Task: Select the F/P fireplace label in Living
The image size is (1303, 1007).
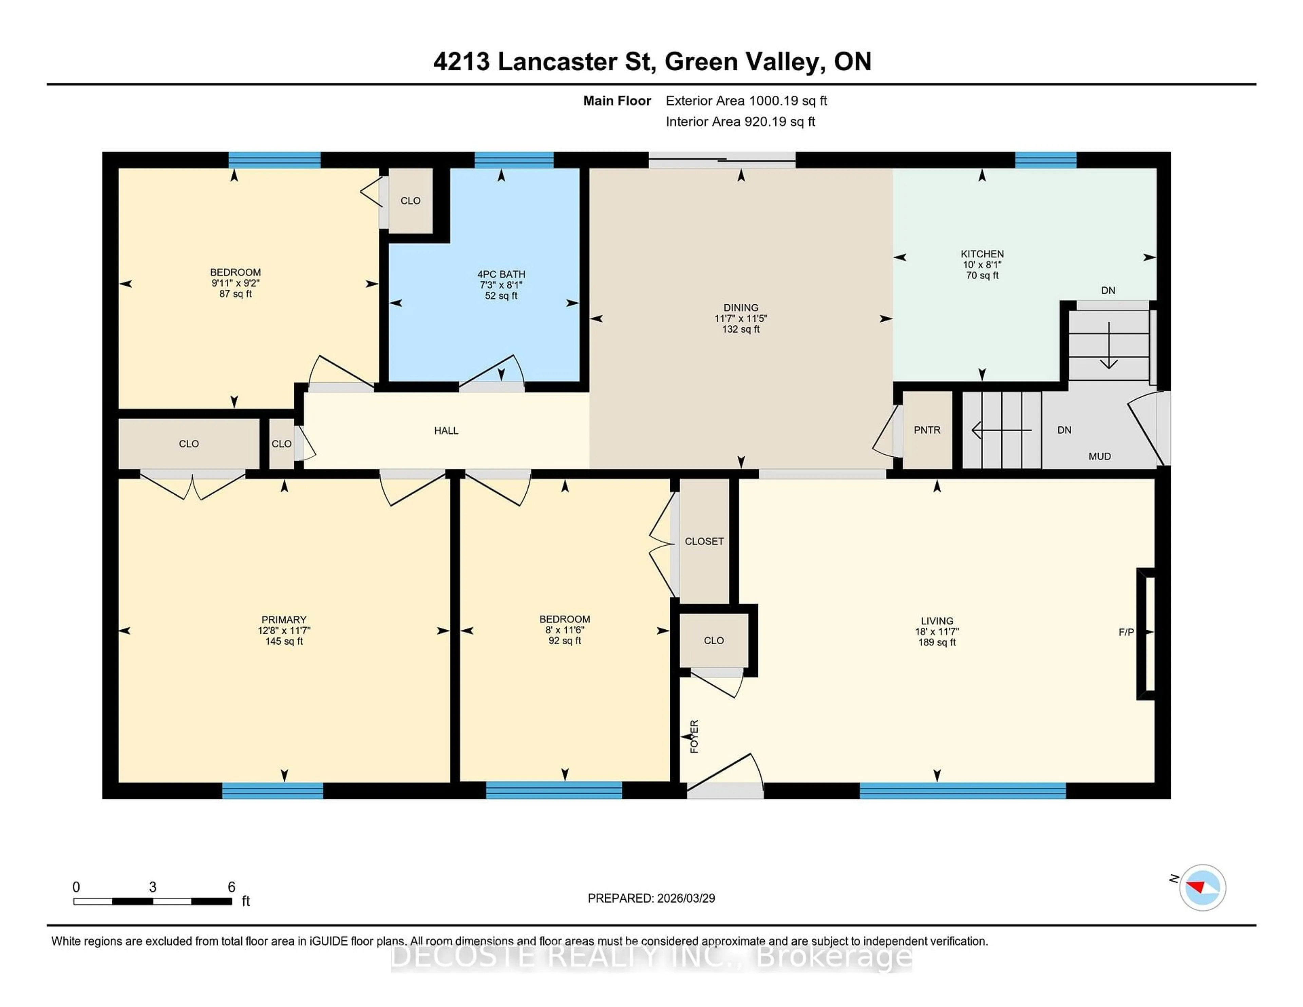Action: pos(1126,632)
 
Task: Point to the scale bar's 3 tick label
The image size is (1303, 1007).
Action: pos(153,887)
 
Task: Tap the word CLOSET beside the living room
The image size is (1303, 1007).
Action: pos(704,541)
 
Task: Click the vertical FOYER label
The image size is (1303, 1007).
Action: pos(694,736)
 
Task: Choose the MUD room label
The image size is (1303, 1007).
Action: pos(1099,456)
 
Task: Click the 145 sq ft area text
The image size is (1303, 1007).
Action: pos(284,641)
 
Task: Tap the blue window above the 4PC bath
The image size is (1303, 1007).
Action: pos(514,160)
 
